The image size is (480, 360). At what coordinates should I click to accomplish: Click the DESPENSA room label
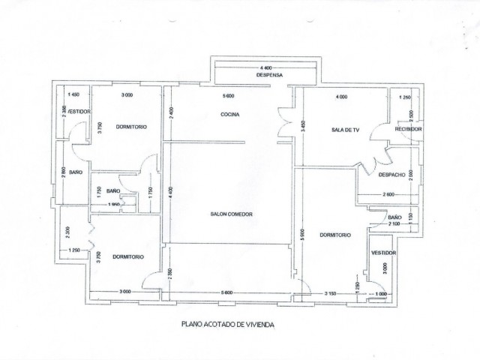(x=268, y=76)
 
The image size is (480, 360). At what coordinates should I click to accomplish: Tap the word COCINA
(x=229, y=114)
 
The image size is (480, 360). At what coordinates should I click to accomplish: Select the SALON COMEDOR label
(x=231, y=214)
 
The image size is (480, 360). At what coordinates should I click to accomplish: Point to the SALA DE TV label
(x=346, y=130)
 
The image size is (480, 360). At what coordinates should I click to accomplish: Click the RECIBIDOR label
(x=409, y=130)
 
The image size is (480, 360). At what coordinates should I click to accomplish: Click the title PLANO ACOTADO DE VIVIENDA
(x=227, y=325)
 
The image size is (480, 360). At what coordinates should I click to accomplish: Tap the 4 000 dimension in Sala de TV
(x=341, y=97)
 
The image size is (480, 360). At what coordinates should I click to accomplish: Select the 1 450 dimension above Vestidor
(x=73, y=95)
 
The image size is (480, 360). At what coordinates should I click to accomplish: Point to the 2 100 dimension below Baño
(x=394, y=223)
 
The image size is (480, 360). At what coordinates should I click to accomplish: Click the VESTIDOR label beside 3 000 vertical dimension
(x=383, y=253)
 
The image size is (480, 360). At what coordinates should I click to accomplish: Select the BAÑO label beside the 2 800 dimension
(x=75, y=172)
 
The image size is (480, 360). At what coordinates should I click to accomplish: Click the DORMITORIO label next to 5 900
(x=335, y=235)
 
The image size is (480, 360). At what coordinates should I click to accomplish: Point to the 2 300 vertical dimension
(x=67, y=232)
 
